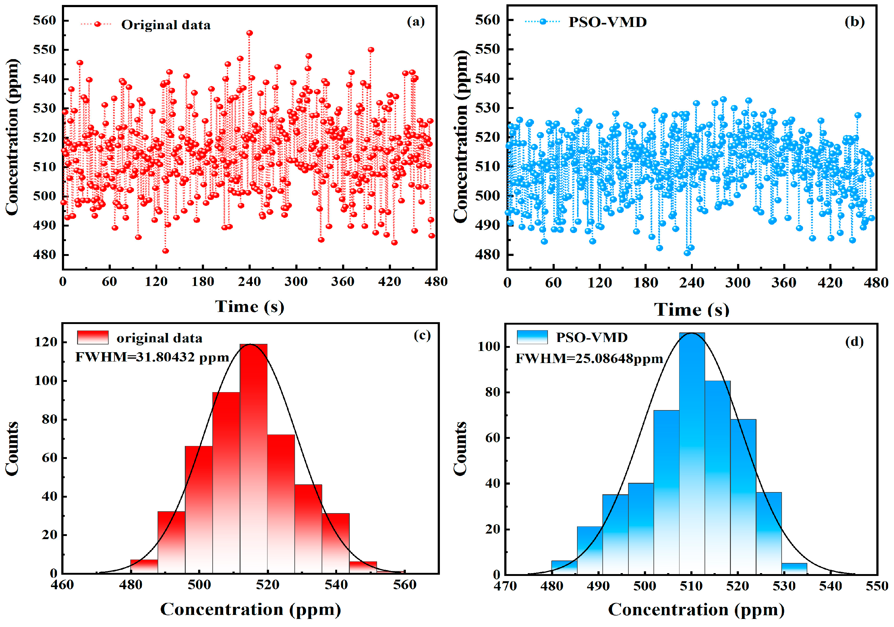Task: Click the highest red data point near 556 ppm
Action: point(250,33)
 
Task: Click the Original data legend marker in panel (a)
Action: point(97,24)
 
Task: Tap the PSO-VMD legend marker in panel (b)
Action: point(543,21)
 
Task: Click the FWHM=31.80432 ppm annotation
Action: point(152,357)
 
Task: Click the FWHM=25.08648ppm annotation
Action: point(589,358)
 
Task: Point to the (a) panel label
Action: point(415,21)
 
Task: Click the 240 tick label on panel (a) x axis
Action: point(249,281)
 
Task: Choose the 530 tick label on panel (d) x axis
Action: point(784,586)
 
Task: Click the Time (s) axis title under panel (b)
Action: point(692,309)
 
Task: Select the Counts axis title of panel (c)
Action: point(12,448)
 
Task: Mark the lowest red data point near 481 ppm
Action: point(166,251)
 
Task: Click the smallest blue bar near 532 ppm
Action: point(794,568)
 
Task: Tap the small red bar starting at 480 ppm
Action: point(144,566)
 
